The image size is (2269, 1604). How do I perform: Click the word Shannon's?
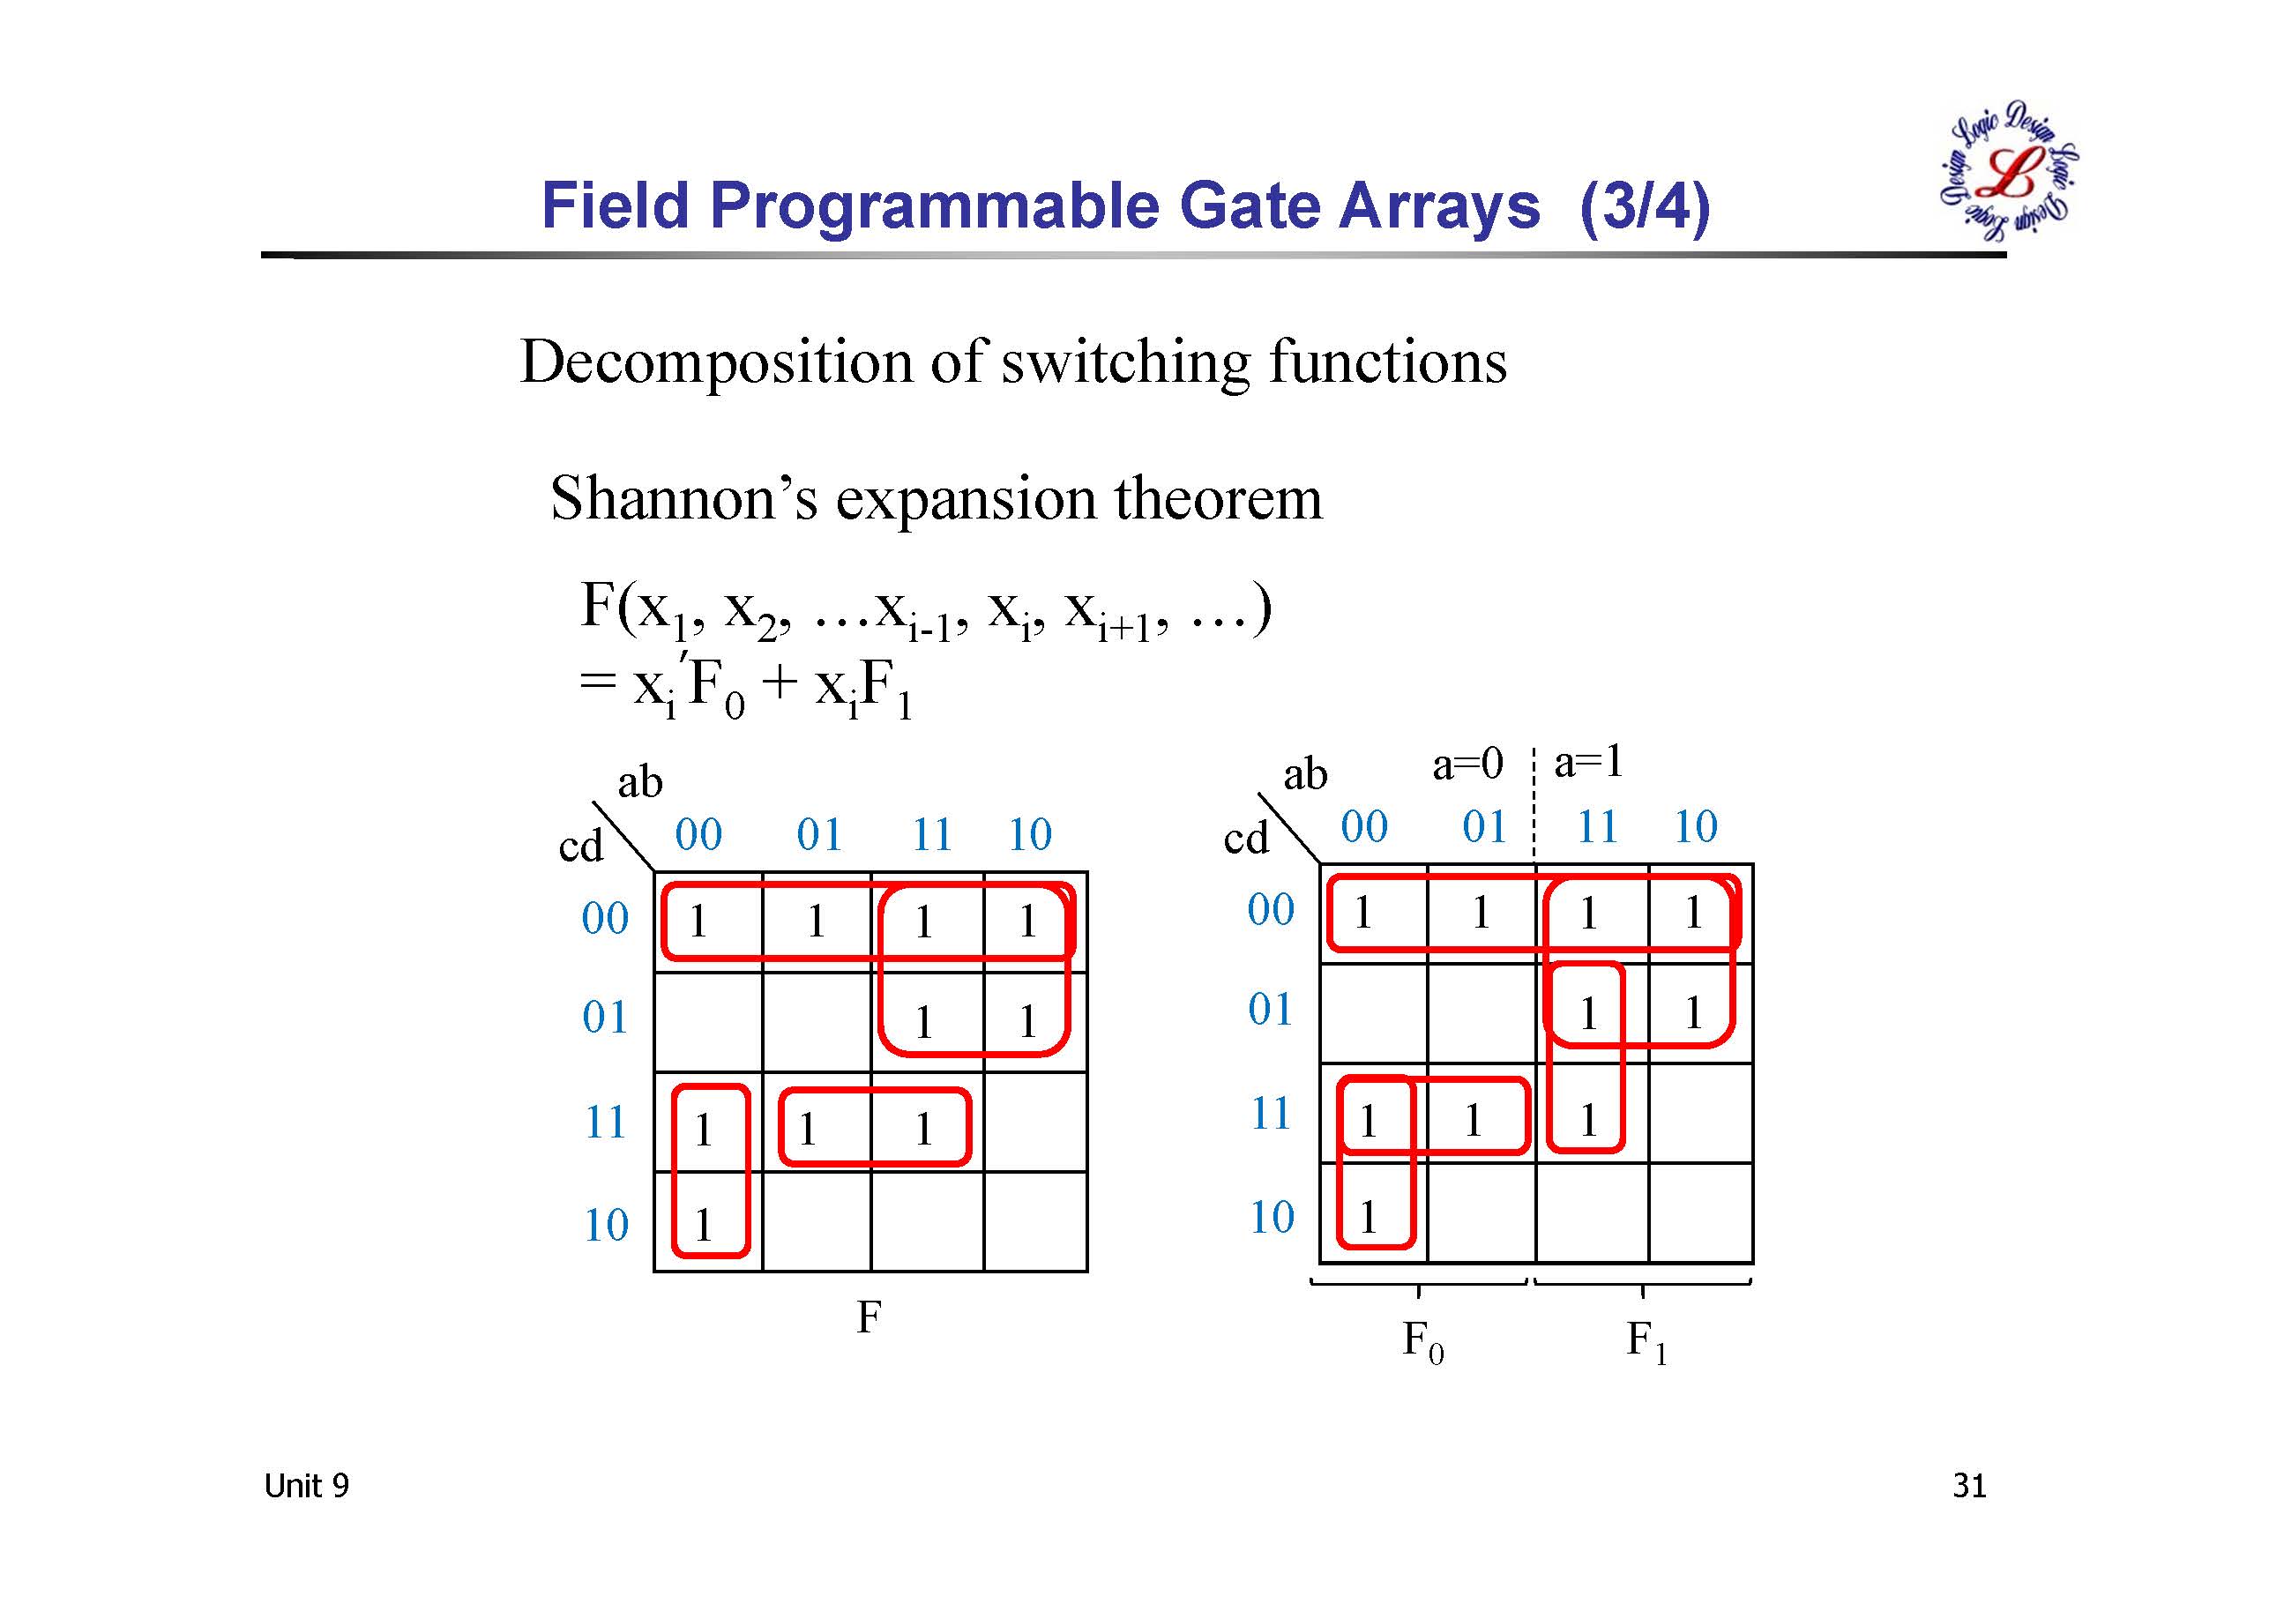click(683, 498)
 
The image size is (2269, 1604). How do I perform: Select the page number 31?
click(1968, 1486)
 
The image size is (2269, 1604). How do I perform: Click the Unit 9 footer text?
click(306, 1486)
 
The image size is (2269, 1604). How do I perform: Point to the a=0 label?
click(1467, 764)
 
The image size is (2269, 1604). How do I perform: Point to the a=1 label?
click(1588, 762)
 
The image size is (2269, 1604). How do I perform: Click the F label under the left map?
click(868, 1317)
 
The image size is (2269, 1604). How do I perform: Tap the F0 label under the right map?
click(1423, 1342)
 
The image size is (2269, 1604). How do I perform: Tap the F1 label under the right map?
click(1646, 1342)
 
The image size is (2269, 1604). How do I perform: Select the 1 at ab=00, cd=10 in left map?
click(703, 1226)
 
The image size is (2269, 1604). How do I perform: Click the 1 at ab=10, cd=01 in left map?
click(1027, 1022)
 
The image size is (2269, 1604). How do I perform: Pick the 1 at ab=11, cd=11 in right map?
click(1588, 1120)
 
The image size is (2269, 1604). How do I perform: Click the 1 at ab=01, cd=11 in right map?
click(1473, 1120)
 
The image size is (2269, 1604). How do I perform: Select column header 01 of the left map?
click(819, 835)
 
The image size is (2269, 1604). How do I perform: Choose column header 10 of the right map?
click(1695, 827)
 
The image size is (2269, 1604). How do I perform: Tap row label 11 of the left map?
click(605, 1123)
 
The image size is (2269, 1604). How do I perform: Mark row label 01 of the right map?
click(1270, 1010)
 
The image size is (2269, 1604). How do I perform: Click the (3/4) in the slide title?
click(1645, 206)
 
